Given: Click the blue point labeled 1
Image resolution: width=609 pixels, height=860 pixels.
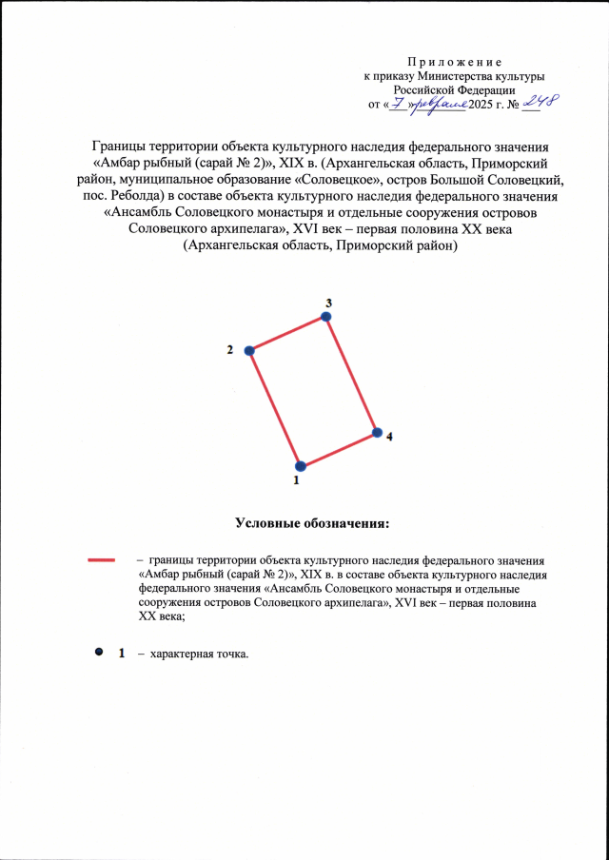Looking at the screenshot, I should pyautogui.click(x=301, y=466).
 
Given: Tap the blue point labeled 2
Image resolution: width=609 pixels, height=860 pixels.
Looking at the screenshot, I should pyautogui.click(x=250, y=351).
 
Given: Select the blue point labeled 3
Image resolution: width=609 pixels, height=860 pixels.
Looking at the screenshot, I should pyautogui.click(x=327, y=317).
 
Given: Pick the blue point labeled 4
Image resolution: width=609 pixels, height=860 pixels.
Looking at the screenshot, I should pyautogui.click(x=377, y=433).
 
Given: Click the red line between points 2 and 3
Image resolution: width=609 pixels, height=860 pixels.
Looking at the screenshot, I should pyautogui.click(x=288, y=334).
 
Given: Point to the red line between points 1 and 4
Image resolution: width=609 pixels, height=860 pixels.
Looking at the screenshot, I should pyautogui.click(x=339, y=450).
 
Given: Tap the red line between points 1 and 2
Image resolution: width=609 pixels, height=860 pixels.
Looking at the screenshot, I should pyautogui.click(x=276, y=409).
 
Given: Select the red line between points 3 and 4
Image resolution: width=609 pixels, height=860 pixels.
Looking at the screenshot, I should pyautogui.click(x=352, y=375).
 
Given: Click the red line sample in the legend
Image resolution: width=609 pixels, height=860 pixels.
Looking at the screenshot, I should pyautogui.click(x=101, y=560).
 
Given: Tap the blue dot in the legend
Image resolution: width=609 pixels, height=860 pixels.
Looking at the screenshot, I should pyautogui.click(x=98, y=653).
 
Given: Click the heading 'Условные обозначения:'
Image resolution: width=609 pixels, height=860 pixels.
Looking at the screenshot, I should pyautogui.click(x=313, y=522).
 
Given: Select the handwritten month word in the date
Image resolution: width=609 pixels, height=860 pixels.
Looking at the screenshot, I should pyautogui.click(x=440, y=101).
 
